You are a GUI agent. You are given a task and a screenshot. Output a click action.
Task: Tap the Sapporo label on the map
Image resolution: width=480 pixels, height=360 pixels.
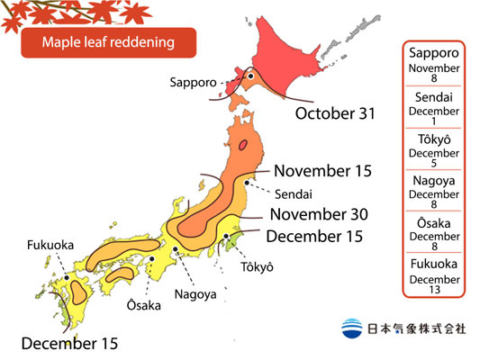[x=193, y=82]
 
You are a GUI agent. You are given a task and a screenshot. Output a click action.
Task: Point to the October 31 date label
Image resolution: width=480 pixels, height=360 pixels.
[x=336, y=114]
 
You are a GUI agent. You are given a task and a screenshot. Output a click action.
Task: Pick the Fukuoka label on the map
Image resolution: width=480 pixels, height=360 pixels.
[x=50, y=244]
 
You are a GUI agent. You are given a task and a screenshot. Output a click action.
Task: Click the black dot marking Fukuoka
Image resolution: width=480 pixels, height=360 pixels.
[x=68, y=265]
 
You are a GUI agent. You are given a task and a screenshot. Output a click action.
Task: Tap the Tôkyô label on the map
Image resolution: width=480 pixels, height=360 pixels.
[x=257, y=267]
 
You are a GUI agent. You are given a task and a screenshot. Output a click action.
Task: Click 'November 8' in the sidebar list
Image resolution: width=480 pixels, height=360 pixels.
[x=435, y=74]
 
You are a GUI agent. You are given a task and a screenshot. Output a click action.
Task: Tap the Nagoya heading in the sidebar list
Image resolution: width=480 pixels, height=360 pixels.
[x=435, y=182]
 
